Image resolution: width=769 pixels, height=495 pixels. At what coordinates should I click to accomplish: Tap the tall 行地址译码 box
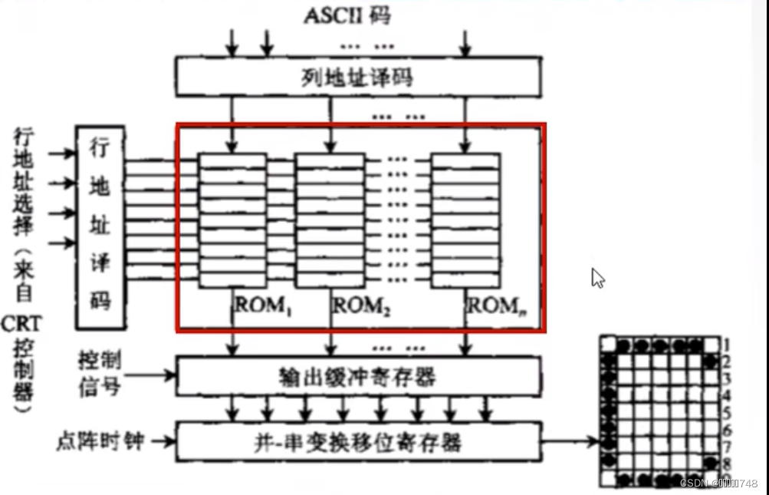coord(100,226)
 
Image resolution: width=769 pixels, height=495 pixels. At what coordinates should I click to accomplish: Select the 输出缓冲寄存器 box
coord(359,376)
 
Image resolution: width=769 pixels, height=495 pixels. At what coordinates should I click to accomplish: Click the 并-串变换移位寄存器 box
coord(359,441)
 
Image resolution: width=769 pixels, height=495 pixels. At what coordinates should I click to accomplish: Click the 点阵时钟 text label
coord(99,442)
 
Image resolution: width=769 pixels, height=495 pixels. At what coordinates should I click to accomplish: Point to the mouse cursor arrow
coord(598,278)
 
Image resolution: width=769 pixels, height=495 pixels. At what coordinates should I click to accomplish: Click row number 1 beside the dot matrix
coord(726,345)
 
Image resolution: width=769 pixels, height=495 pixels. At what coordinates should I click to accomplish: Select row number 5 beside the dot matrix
coord(726,413)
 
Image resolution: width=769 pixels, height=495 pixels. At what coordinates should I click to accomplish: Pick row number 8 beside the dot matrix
coord(726,463)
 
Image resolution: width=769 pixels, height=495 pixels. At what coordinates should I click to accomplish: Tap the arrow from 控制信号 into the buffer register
coord(150,375)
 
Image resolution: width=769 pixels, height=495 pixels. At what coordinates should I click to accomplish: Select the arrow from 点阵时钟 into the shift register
coord(162,442)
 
